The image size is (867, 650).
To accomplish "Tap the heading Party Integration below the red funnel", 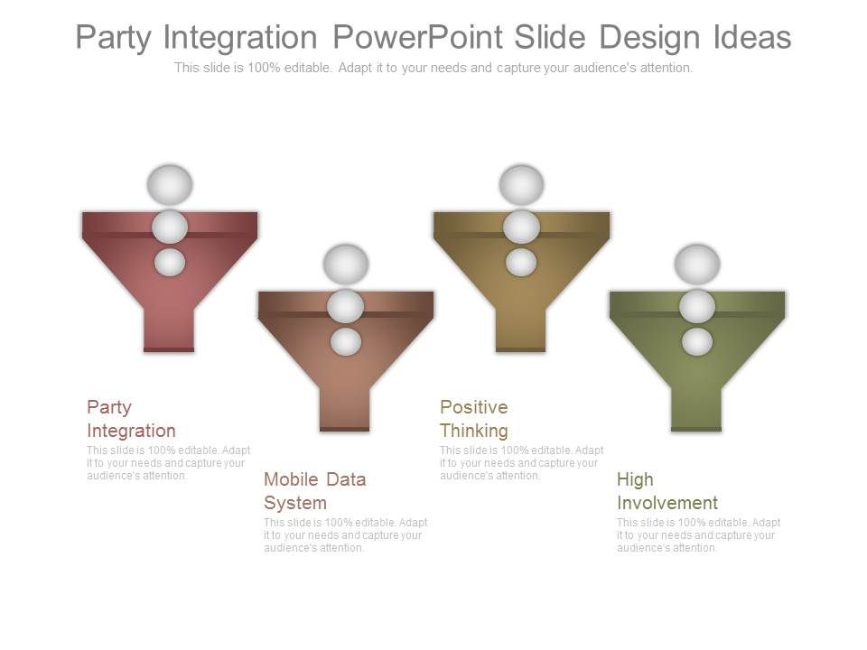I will (x=131, y=419).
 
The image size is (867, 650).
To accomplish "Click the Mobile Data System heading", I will (x=314, y=490).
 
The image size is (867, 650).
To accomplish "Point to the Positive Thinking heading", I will (x=474, y=419).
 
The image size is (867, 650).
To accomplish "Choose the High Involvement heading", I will (x=667, y=490).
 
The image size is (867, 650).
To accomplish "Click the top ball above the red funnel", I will (x=170, y=184).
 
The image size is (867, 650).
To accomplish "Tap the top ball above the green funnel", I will (x=697, y=264).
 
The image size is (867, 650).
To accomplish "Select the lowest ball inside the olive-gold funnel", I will (x=521, y=263).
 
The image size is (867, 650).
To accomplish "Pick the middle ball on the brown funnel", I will (x=345, y=307).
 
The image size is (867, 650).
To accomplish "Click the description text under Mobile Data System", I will (x=345, y=535).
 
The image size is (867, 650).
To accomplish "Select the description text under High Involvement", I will (x=698, y=535).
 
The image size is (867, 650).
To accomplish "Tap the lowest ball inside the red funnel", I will (x=170, y=263).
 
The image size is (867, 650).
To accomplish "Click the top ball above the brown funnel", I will (x=345, y=264).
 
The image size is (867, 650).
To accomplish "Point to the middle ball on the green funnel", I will (x=697, y=307).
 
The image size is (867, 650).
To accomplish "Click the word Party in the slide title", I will (x=114, y=38).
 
